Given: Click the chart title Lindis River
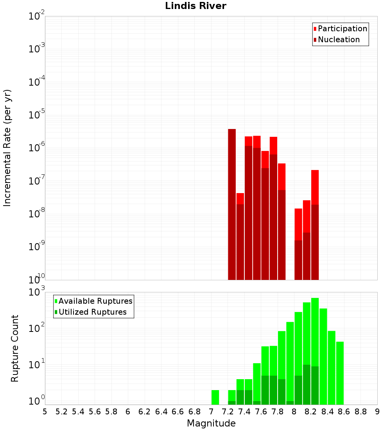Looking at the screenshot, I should coord(195,6).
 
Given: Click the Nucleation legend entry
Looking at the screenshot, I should coord(339,39).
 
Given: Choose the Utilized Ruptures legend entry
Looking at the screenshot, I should coord(92,312).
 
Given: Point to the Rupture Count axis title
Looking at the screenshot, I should coord(15,348).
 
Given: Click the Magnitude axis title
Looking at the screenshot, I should coord(211,423).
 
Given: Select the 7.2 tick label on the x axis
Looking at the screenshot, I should coord(228,411).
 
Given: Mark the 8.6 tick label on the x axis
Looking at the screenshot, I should coord(344,411).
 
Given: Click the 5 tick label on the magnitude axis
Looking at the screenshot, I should coord(45,411).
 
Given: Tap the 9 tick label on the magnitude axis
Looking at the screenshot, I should coord(377,411).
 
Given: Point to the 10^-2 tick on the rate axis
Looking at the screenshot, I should coord(37,16).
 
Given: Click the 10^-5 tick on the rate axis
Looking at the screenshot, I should coord(37,115).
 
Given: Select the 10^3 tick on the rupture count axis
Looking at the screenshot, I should coord(37,292).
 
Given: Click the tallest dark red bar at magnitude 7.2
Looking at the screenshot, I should coord(232,203).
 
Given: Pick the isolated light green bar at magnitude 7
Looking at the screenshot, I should coord(215,397).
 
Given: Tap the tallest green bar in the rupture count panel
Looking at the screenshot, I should coord(315,332).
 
